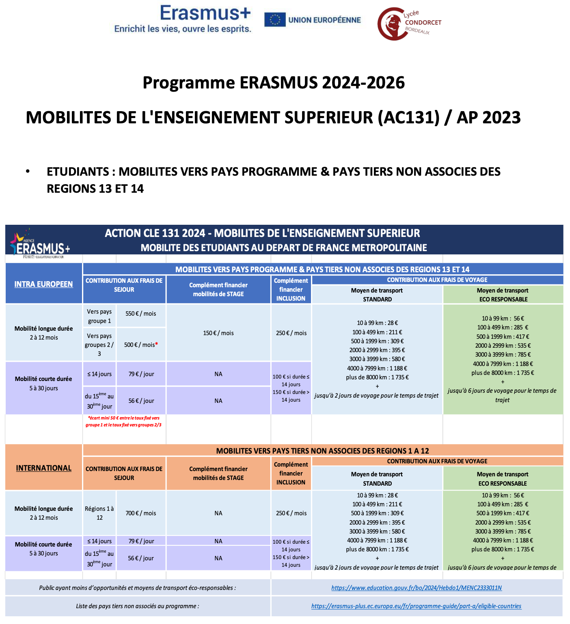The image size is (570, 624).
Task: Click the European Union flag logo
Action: click(274, 20)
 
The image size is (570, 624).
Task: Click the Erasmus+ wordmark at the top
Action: click(205, 13)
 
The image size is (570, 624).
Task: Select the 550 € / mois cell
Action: click(141, 314)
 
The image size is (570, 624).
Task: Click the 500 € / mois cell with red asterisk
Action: click(141, 345)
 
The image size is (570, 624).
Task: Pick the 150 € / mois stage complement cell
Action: click(218, 333)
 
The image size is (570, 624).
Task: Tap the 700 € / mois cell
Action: click(141, 513)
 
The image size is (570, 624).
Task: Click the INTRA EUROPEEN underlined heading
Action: click(44, 284)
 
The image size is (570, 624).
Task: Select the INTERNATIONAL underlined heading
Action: click(44, 468)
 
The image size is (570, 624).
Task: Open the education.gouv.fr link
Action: click(417, 588)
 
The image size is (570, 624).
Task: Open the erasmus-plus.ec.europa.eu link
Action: click(416, 606)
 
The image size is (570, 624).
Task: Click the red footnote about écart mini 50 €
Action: click(123, 422)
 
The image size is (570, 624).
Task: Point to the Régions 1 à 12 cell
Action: click(99, 513)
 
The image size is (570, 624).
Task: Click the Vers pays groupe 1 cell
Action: click(99, 316)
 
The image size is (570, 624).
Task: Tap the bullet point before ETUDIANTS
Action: click(28, 171)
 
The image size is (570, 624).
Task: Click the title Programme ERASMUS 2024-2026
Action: click(274, 83)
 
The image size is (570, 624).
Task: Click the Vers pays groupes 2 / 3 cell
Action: click(99, 345)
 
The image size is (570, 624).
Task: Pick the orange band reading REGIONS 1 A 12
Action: click(322, 451)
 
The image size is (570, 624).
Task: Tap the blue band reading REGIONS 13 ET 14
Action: click(322, 269)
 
